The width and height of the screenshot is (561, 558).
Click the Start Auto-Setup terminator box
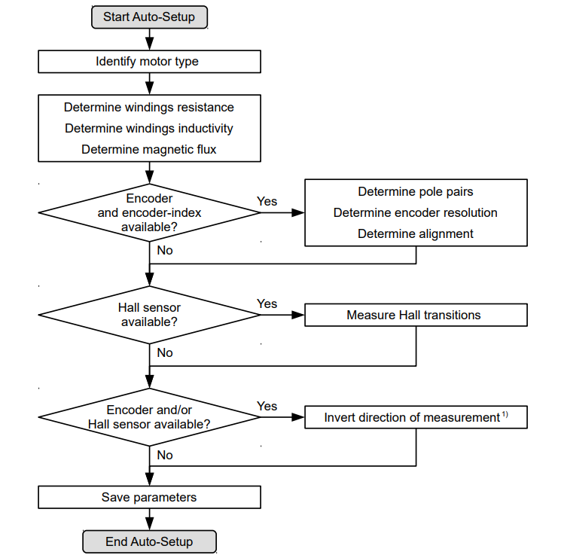150,17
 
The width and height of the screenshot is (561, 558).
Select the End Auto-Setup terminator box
150,541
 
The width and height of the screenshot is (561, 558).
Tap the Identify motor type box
150,62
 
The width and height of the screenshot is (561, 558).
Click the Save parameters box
150,497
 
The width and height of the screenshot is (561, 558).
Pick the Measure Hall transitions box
416,315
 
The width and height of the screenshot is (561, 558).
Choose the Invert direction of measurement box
416,417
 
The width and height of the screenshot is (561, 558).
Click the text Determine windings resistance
149,107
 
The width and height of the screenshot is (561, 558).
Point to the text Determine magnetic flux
149,150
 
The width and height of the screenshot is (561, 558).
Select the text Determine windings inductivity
149,129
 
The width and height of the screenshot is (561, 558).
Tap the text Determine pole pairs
416,192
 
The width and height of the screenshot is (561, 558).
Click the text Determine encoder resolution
416,213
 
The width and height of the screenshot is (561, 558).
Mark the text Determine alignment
416,234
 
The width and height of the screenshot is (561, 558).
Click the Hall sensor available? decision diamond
150,315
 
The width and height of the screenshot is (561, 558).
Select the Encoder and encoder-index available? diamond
150,213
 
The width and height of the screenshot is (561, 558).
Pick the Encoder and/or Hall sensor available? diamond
150,417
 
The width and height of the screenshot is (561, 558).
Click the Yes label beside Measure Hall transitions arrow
267,304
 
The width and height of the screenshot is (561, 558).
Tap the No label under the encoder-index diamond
165,250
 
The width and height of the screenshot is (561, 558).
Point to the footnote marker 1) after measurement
505,414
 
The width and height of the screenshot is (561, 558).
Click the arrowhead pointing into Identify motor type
150,44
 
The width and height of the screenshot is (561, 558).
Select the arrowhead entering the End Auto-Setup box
150,524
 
